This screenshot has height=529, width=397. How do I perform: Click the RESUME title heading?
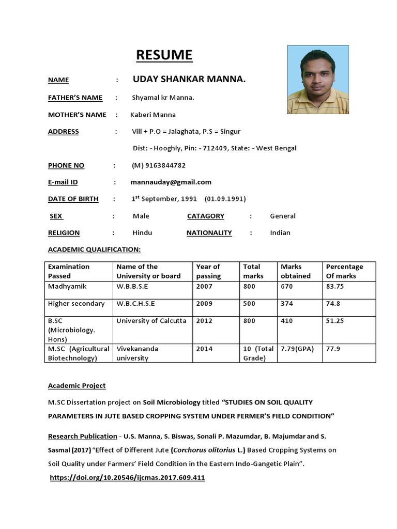164,55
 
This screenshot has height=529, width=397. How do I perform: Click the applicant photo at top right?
318,80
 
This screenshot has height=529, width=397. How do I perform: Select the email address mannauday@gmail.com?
172,182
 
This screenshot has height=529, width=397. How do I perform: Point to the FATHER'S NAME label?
75,98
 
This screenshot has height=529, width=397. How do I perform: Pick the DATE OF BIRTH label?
73,199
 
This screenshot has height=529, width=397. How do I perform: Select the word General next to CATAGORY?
283,216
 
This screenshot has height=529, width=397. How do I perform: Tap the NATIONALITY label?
209,232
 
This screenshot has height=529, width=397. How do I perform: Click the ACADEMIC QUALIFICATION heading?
94,250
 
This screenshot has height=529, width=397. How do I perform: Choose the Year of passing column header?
208,271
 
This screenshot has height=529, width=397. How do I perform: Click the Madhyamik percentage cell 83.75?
335,286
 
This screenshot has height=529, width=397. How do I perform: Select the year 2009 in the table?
204,304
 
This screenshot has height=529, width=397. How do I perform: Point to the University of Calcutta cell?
151,321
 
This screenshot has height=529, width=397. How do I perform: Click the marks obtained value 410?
287,321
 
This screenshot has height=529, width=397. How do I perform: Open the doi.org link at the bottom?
127,478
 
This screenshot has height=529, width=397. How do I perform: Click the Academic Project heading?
77,385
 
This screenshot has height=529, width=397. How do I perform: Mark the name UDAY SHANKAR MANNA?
189,80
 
